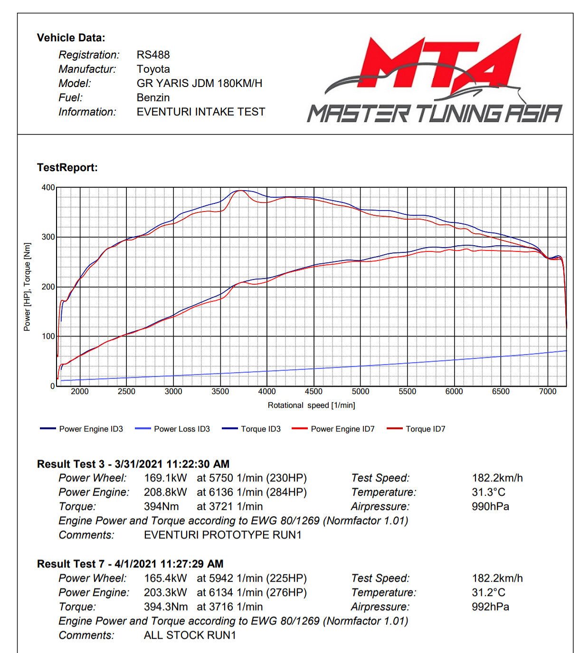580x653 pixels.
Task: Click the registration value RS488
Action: (x=153, y=55)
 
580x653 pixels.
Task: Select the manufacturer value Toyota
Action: (x=153, y=69)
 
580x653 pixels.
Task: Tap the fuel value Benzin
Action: (x=153, y=97)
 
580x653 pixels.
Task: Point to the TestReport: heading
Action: (x=67, y=167)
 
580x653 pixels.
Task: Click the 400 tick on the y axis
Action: (x=48, y=187)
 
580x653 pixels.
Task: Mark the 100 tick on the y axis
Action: (x=48, y=336)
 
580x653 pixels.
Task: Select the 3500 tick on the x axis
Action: (x=220, y=392)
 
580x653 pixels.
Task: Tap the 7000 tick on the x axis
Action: (x=547, y=392)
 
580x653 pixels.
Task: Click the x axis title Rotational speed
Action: (x=311, y=405)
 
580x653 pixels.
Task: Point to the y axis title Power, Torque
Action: (x=27, y=287)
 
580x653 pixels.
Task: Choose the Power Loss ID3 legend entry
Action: (x=181, y=429)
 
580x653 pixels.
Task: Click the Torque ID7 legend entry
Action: (x=425, y=429)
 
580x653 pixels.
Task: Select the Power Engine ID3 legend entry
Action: (x=91, y=429)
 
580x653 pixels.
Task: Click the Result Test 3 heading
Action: (x=133, y=464)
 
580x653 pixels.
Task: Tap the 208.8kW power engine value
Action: (x=165, y=492)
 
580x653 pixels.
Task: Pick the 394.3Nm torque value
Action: (x=166, y=607)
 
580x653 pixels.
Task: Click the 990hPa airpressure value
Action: (x=490, y=507)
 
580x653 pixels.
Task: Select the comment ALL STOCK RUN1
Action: (x=190, y=635)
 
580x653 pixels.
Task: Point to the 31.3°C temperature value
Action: (x=488, y=492)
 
